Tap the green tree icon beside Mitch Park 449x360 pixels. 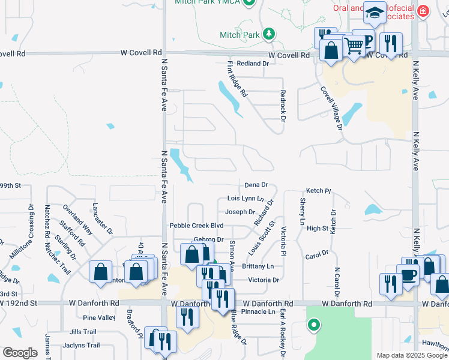[x=270, y=34]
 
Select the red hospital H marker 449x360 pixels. [x=424, y=11]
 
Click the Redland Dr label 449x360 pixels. [x=252, y=63]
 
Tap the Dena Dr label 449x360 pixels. [x=256, y=185]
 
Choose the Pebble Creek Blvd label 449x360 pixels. [x=196, y=226]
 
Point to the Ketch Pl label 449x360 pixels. [x=319, y=190]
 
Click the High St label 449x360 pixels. [x=317, y=228]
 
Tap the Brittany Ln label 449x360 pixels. [x=258, y=266]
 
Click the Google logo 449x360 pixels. [x=20, y=352]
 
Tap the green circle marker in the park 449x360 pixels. [x=313, y=326]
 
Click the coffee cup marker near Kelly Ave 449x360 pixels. [x=408, y=275]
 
